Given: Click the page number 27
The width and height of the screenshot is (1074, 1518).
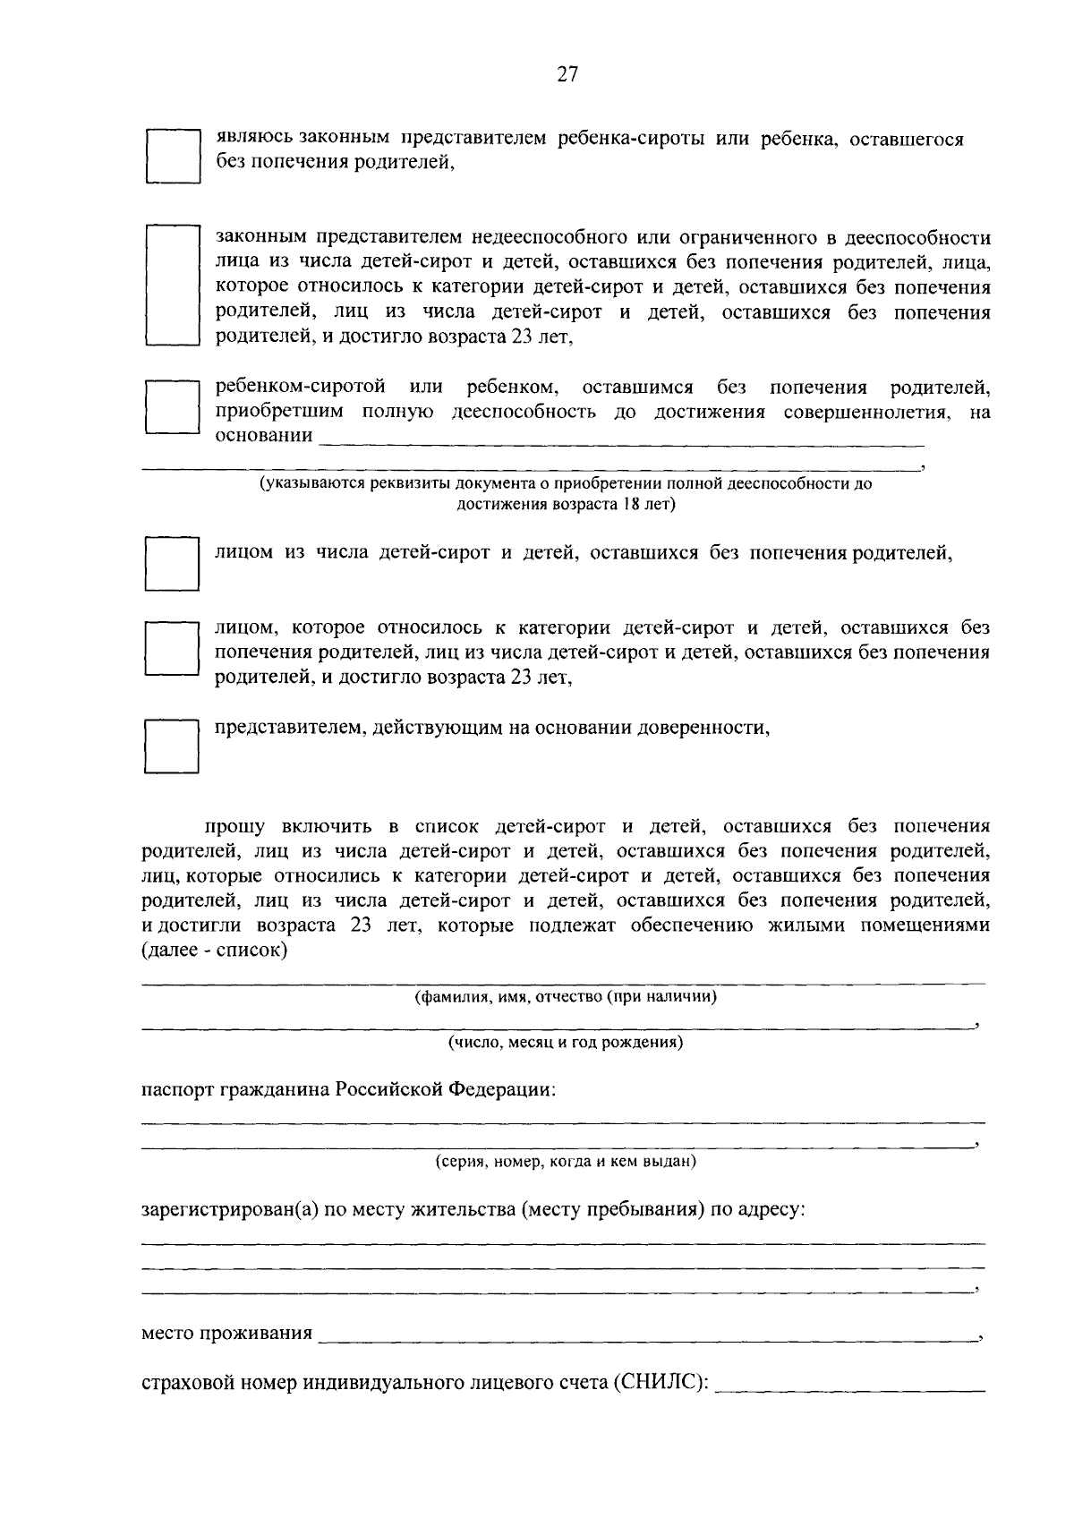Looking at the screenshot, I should tap(567, 75).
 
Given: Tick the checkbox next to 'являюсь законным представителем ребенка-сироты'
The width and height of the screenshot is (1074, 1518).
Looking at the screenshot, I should tap(173, 156).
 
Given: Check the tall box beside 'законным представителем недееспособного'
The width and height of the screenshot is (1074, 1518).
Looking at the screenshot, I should tap(173, 286).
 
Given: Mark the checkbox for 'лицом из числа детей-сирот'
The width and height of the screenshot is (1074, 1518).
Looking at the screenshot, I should tap(173, 563).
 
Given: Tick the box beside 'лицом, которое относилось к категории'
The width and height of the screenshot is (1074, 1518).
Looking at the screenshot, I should tap(173, 650).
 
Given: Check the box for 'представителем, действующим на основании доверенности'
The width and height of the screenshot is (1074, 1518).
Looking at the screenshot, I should tap(173, 746).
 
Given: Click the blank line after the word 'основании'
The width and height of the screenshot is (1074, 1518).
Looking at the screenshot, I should tap(621, 439).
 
